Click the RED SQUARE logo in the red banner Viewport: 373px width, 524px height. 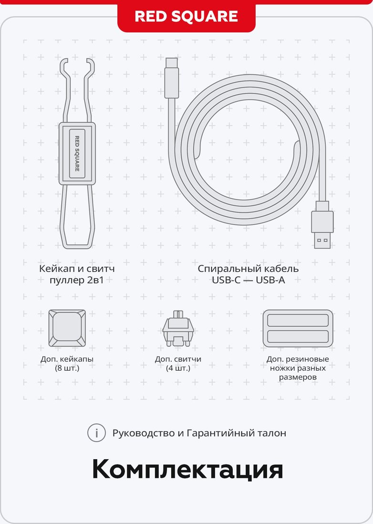pos(186,16)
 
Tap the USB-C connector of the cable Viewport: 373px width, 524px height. pos(172,78)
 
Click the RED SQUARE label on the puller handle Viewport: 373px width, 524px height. pos(77,154)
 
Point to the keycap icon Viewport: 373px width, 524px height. pos(67,328)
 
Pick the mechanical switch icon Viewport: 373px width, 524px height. pos(178,329)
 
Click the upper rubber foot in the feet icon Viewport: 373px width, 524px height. pos(298,320)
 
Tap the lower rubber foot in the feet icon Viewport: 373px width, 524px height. pos(298,336)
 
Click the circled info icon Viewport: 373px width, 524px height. pos(97,433)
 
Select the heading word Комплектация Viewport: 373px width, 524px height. pos(187,470)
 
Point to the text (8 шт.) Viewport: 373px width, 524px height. pos(67,368)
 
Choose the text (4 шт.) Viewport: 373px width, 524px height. pos(178,368)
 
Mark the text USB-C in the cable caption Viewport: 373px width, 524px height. pos(226,280)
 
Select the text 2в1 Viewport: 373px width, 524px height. pos(95,280)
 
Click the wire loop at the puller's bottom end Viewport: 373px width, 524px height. pos(77,247)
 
